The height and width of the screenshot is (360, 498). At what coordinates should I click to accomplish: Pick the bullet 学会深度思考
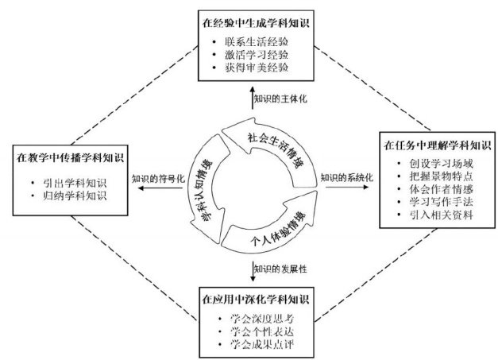(x=257, y=319)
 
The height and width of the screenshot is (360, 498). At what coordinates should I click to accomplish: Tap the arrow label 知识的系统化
(x=345, y=177)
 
